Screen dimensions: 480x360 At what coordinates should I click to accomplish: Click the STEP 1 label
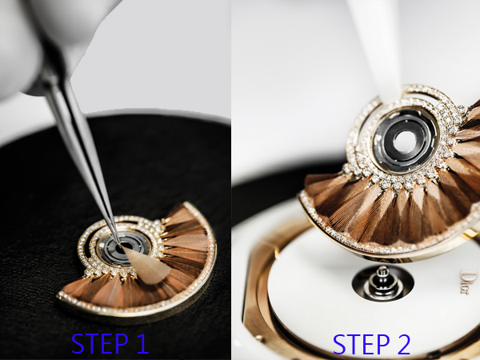click(x=110, y=343)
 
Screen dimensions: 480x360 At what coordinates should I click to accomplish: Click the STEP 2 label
click(x=371, y=344)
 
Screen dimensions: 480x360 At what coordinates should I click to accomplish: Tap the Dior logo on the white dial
click(x=469, y=282)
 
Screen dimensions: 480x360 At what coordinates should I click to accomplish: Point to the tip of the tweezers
click(x=120, y=244)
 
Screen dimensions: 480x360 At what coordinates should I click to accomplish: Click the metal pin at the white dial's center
click(x=382, y=281)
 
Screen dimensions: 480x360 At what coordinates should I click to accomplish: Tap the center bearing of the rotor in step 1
click(x=125, y=247)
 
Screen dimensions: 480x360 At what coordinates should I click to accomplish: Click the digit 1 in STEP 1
click(x=142, y=343)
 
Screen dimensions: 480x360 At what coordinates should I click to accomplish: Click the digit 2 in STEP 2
click(x=403, y=344)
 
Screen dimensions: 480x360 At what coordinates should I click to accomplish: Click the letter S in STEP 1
click(x=78, y=343)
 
